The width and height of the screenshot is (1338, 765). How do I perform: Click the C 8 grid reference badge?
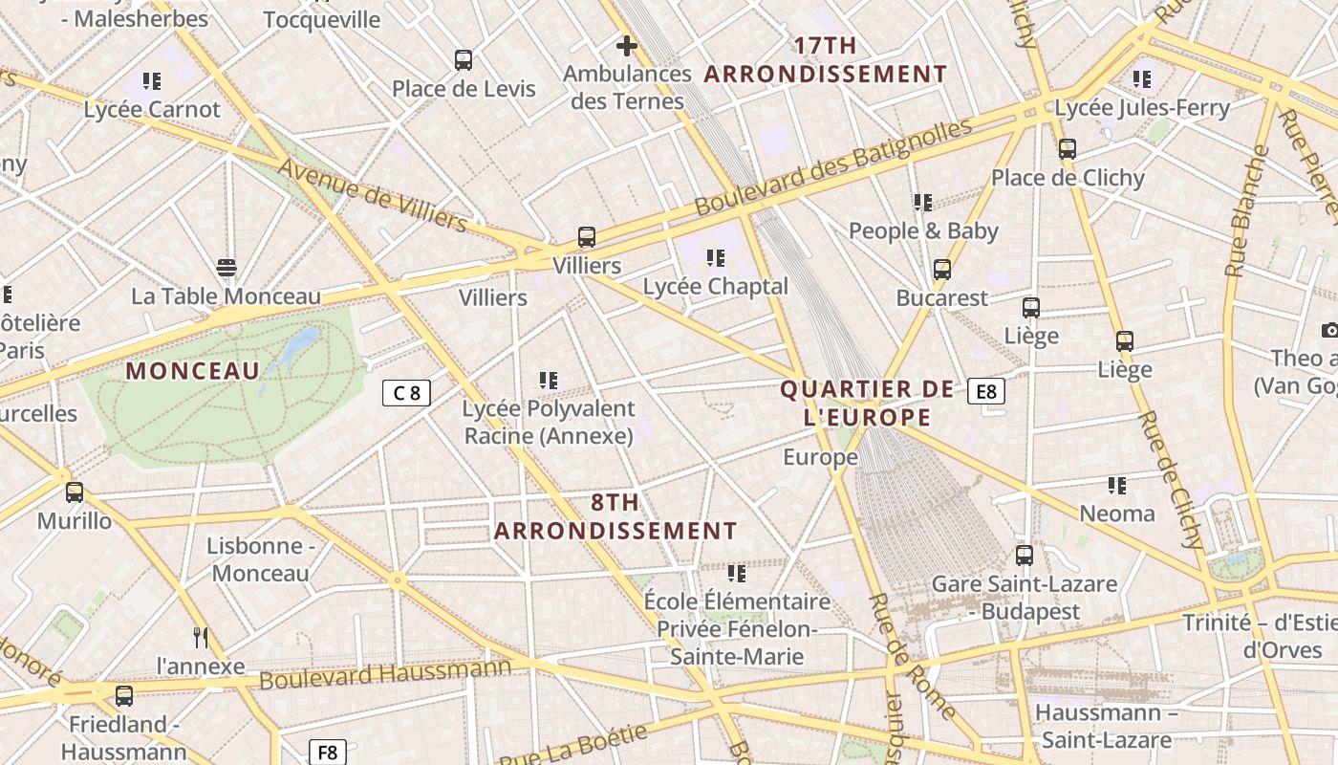[x=406, y=392]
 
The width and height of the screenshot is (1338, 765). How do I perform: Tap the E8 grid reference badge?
[x=985, y=391]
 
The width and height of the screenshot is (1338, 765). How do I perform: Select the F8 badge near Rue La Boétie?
[x=327, y=752]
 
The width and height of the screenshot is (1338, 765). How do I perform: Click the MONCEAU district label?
[x=192, y=371]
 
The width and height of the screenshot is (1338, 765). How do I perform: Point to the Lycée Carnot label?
[x=152, y=109]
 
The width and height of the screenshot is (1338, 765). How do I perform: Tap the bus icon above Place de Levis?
[x=464, y=60]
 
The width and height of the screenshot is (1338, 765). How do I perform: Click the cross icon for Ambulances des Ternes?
[x=627, y=46]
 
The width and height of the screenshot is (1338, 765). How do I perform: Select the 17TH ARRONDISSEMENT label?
[x=826, y=59]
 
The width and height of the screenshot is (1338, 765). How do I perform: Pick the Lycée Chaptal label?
[x=715, y=286]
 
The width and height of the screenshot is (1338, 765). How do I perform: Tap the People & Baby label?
[x=923, y=230]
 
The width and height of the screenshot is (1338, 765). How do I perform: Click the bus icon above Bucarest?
[x=942, y=270]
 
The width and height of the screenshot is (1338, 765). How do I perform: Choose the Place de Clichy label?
[x=1067, y=178]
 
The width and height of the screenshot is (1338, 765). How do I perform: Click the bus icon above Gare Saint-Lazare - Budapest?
[x=1025, y=555]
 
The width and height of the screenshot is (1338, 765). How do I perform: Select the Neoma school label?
[x=1116, y=514]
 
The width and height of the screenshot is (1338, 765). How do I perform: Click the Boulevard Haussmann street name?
[x=385, y=674]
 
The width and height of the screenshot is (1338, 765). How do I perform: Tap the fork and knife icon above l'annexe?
[x=201, y=638]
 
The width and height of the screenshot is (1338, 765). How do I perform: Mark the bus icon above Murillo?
[x=75, y=492]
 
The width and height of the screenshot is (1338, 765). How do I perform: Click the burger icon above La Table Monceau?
[x=227, y=268]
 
